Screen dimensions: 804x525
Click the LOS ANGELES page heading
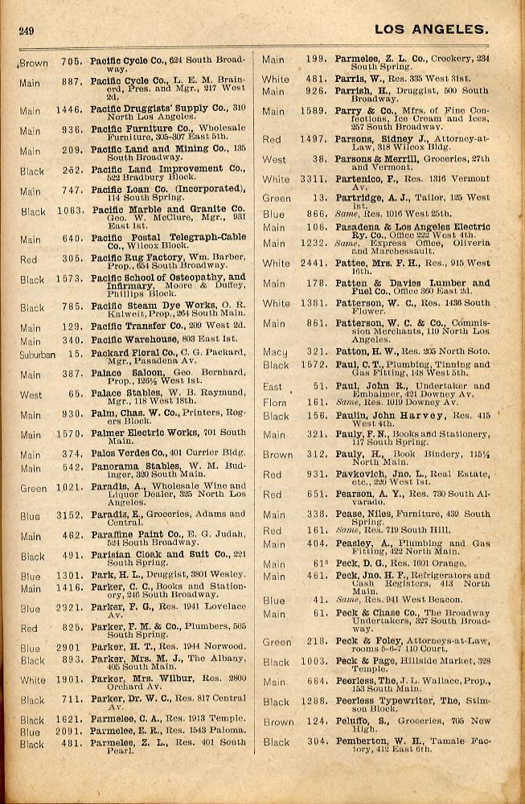pos(431,30)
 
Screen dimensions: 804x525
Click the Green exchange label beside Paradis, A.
pos(33,487)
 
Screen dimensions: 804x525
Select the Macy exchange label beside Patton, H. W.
pos(274,351)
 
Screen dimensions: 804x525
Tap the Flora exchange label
pos(274,402)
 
